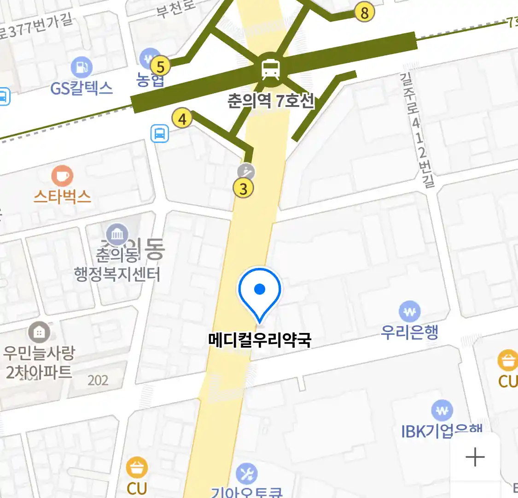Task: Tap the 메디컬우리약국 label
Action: click(x=260, y=340)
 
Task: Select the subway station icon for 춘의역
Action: click(x=270, y=69)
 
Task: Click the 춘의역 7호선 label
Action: click(x=271, y=100)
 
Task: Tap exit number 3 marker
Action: click(x=244, y=188)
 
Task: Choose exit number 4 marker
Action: click(x=182, y=119)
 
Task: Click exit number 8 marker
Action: click(x=364, y=12)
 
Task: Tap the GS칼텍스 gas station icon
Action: click(x=82, y=68)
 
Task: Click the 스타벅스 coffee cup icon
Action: click(x=62, y=176)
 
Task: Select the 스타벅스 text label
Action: click(x=62, y=197)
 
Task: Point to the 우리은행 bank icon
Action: click(x=409, y=312)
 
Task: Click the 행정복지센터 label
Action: click(x=117, y=275)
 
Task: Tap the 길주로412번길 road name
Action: click(x=417, y=129)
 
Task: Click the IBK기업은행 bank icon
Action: click(x=442, y=410)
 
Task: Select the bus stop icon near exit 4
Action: click(x=159, y=134)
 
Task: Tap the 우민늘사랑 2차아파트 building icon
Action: click(x=39, y=332)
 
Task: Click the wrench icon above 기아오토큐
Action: click(x=247, y=474)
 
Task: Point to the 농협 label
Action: click(x=150, y=81)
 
